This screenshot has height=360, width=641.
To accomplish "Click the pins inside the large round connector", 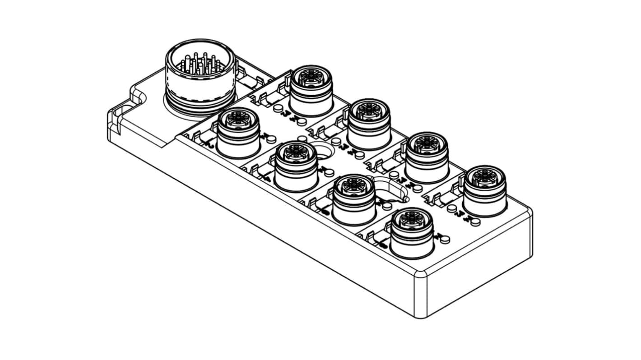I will tap(199, 65).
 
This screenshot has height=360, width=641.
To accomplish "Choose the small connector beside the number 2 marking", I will tap(238, 133).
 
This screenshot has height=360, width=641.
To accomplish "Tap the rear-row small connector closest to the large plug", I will tap(311, 91).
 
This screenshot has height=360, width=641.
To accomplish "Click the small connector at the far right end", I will tap(485, 189).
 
